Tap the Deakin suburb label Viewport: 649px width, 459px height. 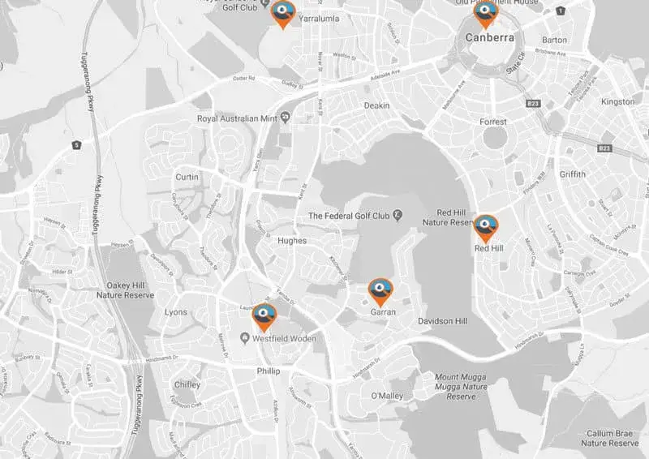(377, 105)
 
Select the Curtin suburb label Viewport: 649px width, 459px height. (187, 177)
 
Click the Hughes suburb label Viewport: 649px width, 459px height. (291, 241)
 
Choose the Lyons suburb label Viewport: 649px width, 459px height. (175, 312)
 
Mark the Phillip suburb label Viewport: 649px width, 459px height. (268, 371)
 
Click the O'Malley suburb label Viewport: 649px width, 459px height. (386, 395)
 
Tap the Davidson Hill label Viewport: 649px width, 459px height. (443, 321)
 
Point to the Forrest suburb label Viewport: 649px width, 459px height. (492, 122)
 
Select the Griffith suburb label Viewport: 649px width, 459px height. (572, 174)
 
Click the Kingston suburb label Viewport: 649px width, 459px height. (618, 101)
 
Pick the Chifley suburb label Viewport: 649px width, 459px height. (187, 385)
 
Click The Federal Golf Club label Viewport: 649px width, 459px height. (350, 216)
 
